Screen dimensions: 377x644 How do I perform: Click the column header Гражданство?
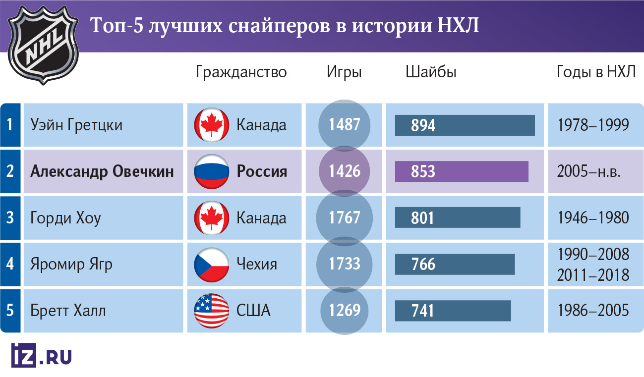point(241,72)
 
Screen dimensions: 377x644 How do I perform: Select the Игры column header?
point(344,72)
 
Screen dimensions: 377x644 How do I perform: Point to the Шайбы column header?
point(431,72)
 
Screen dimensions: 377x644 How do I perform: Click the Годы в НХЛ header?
point(595,72)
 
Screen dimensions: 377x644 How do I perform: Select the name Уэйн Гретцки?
point(76,125)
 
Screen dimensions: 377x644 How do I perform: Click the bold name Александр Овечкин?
point(102,172)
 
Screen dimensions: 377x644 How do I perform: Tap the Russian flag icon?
point(211,172)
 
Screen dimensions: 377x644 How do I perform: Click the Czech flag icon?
point(211,264)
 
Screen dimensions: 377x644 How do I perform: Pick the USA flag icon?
point(211,311)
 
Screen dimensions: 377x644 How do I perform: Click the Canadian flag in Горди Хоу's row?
point(211,218)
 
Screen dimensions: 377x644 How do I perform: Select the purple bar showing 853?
point(462,172)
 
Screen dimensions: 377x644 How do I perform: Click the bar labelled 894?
point(465,125)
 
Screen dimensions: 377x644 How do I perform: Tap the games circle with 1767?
point(345,218)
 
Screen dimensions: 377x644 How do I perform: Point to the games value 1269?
point(345,311)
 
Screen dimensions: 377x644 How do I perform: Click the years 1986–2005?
point(593,311)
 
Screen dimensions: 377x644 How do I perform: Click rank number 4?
point(10,264)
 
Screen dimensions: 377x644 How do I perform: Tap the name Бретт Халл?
point(68,311)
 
